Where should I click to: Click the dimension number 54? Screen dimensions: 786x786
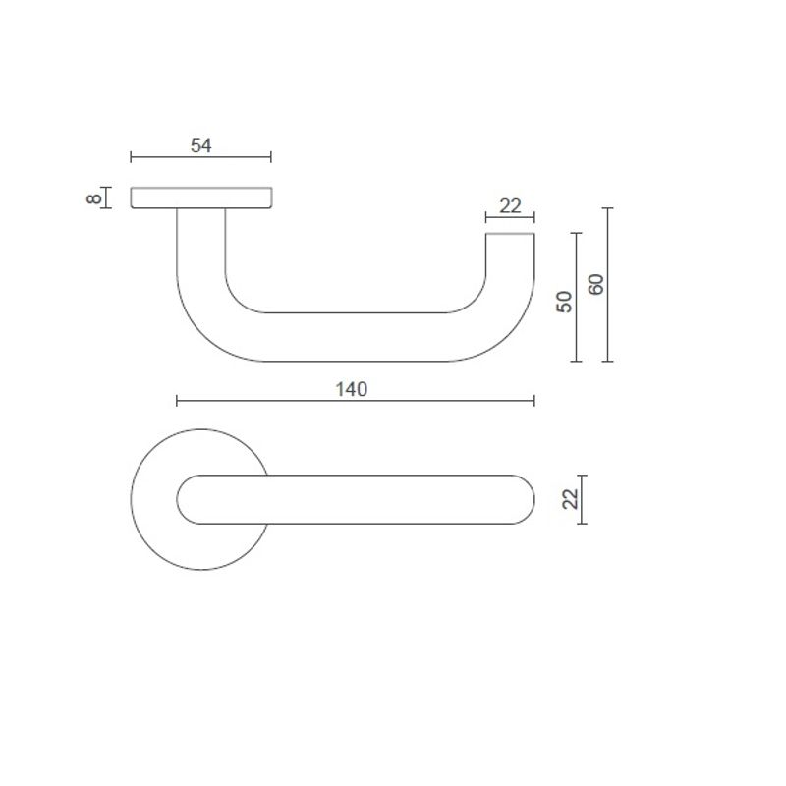coord(200,145)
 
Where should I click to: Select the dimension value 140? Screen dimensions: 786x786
coord(351,389)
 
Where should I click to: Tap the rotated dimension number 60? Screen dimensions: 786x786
coord(595,285)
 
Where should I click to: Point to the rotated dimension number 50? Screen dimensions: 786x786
coord(564,301)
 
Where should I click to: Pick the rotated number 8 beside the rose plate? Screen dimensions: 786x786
coord(94,198)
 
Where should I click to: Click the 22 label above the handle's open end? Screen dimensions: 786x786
coord(510,206)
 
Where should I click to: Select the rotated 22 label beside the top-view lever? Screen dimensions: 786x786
coord(569,499)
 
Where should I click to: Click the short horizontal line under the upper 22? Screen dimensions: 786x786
coord(510,218)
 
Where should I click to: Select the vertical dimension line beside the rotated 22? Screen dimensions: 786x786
coord(583,499)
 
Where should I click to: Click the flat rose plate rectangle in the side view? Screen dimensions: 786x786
coord(200,197)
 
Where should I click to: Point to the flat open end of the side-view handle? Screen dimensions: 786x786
coord(511,235)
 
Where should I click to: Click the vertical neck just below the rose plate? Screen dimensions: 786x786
coord(200,236)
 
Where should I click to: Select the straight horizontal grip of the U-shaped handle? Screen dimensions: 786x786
coord(354,336)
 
